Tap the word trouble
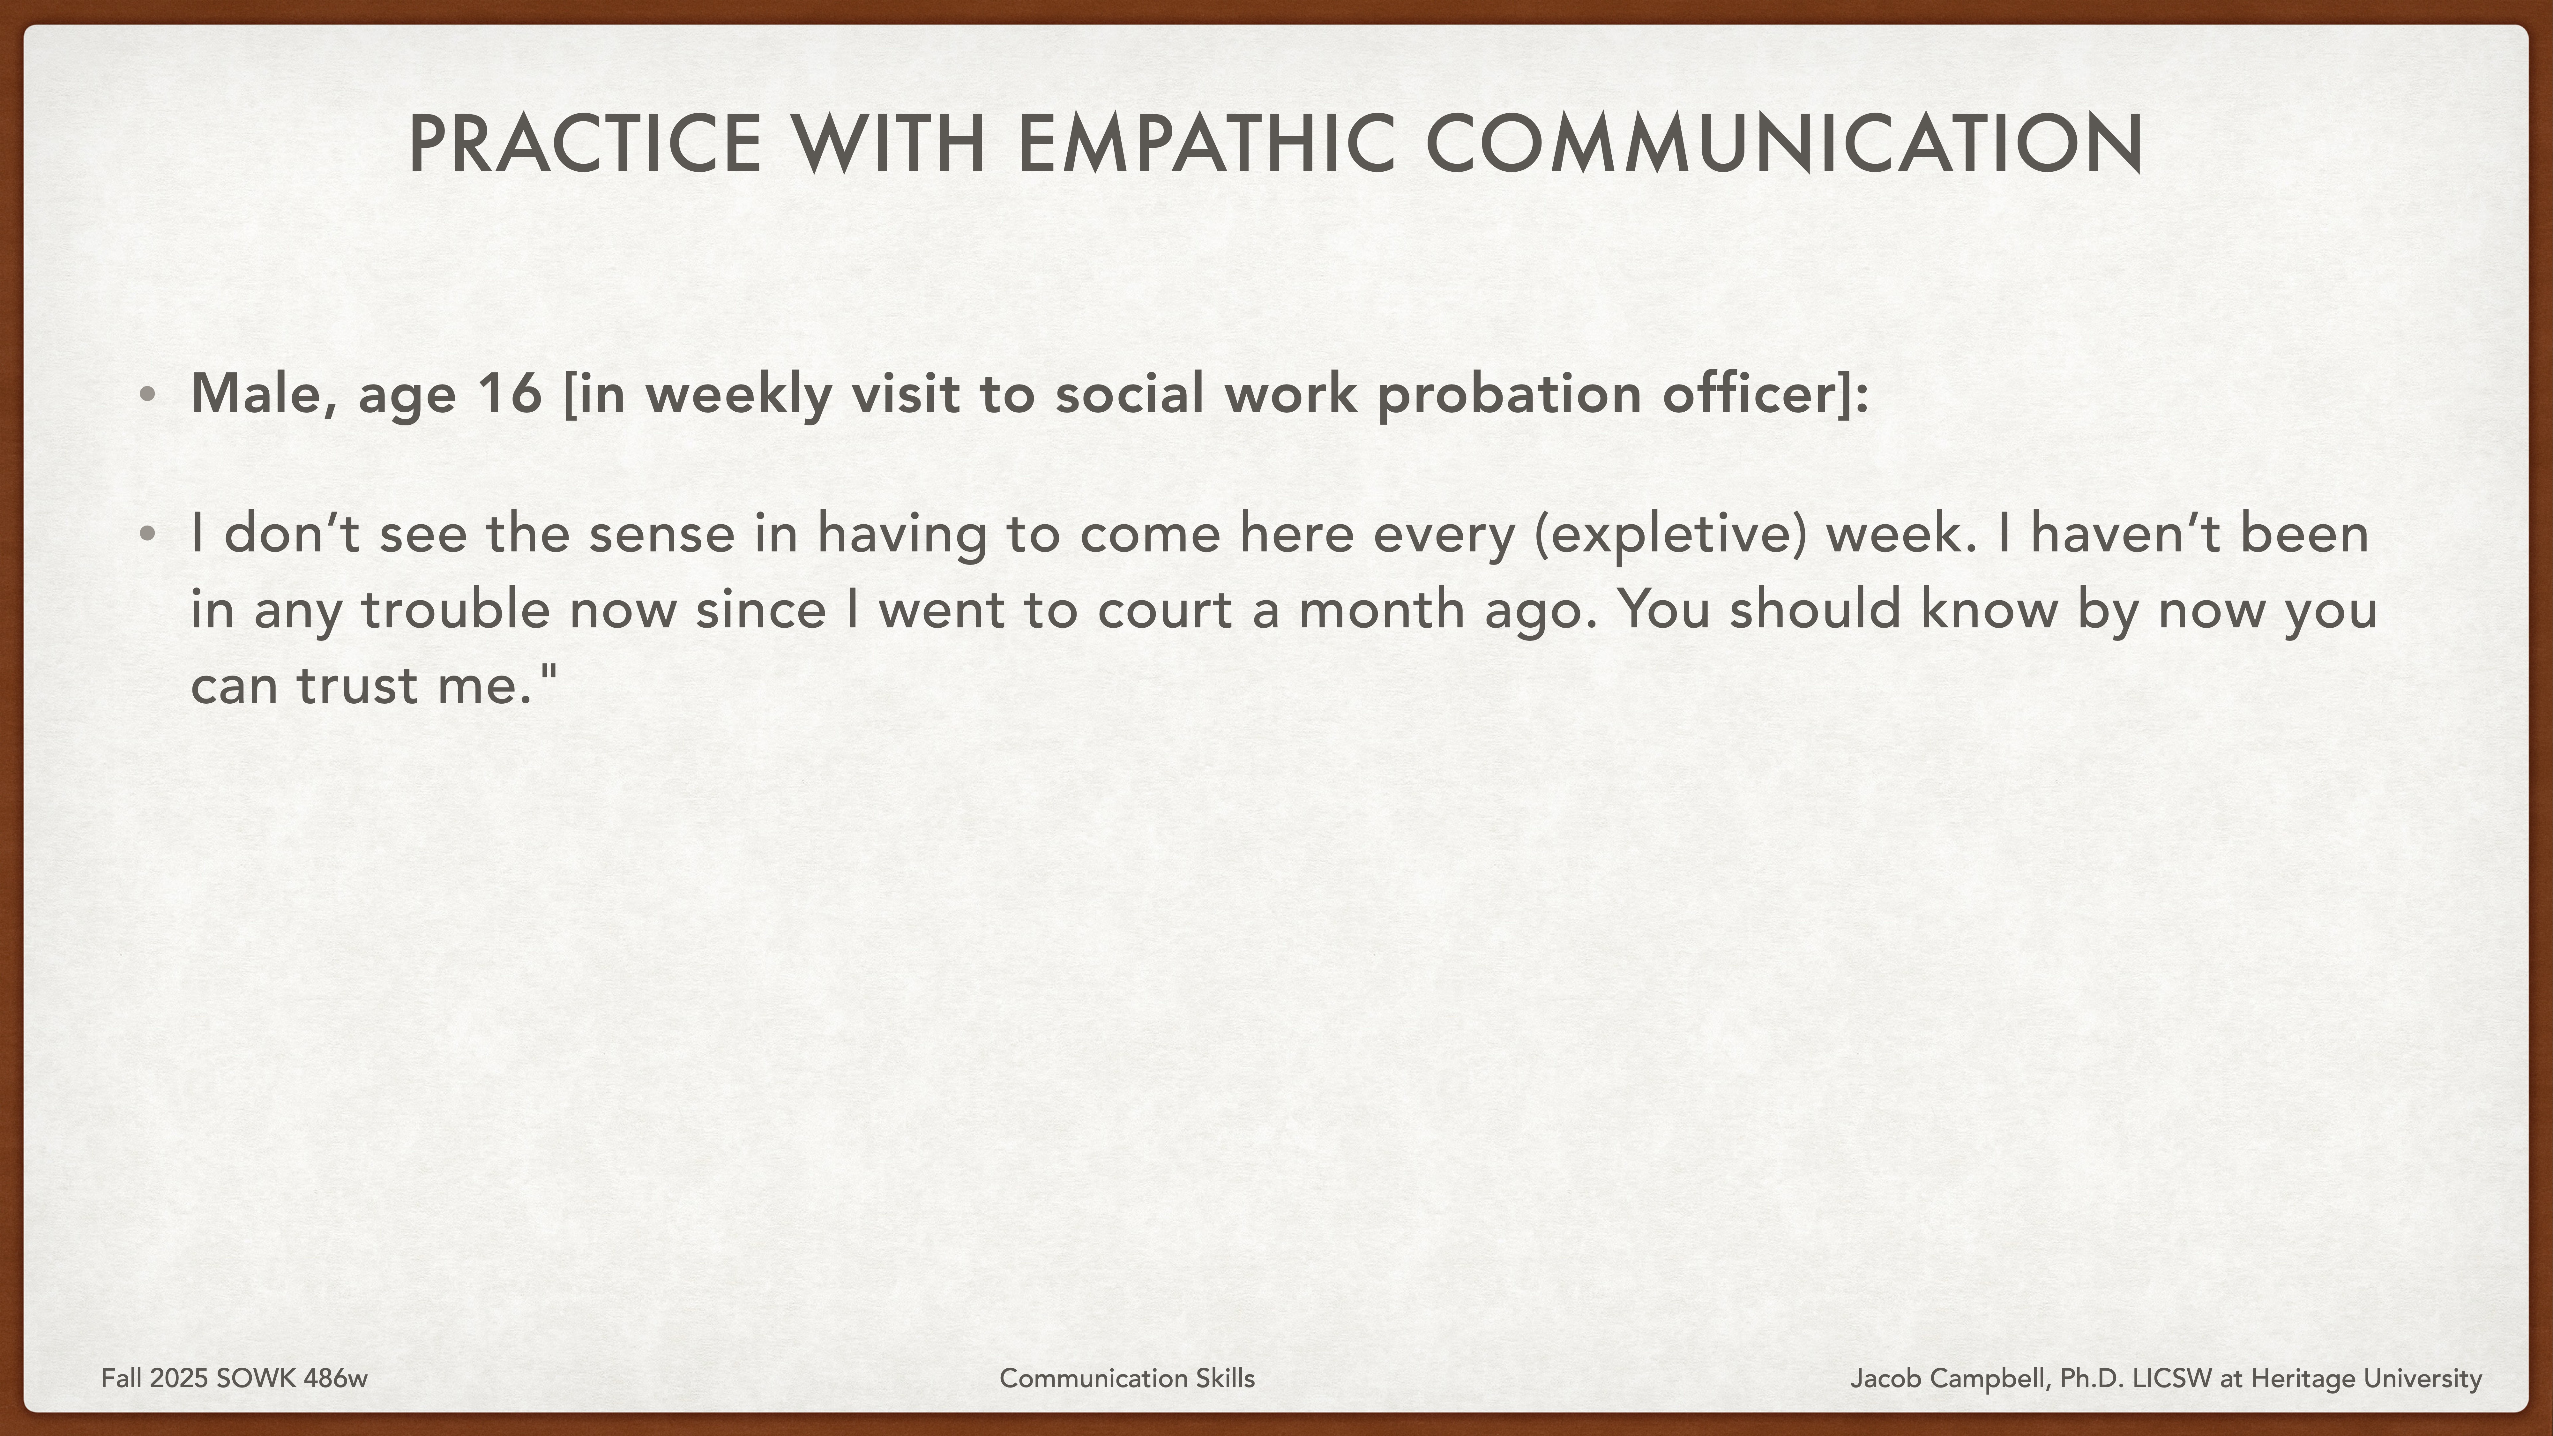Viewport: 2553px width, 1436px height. tap(455, 610)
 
